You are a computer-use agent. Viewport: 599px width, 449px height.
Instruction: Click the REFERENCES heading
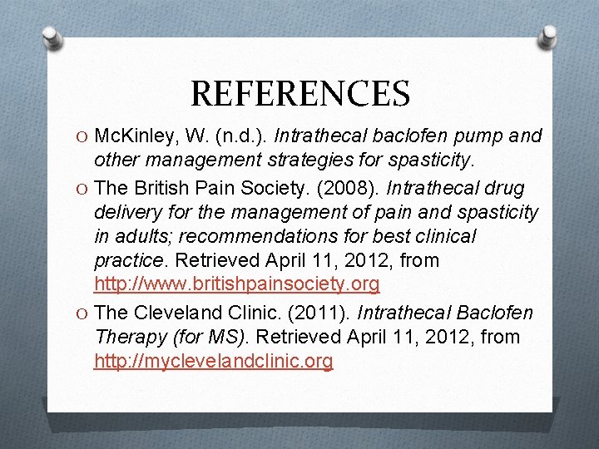299,93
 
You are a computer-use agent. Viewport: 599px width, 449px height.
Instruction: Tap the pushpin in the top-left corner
52,37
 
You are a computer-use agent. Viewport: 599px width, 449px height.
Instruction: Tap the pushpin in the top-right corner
547,35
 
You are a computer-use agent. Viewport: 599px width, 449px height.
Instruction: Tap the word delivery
125,212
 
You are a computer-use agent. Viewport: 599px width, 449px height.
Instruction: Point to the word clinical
442,237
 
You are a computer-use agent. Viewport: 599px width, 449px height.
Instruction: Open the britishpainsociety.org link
237,285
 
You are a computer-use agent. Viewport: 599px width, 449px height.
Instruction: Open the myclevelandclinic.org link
214,362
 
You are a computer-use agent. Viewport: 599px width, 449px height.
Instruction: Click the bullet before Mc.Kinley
80,136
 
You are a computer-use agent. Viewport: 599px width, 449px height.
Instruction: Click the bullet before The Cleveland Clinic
80,313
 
